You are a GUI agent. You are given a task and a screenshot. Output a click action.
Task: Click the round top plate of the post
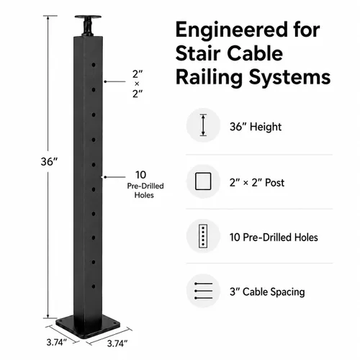pos(88,17)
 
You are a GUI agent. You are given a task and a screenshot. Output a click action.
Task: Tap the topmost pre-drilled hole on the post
pos(94,65)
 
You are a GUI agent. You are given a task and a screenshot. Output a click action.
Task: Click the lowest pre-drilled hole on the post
pos(94,287)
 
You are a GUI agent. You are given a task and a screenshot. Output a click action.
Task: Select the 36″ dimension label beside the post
pos(50,162)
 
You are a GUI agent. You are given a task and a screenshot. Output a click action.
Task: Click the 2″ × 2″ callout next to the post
pos(138,84)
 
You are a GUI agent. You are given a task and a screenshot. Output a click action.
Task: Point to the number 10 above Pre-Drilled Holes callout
pos(140,175)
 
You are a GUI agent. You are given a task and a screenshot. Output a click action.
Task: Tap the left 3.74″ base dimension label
pos(56,342)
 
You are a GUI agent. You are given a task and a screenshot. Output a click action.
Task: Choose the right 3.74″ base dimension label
pos(117,343)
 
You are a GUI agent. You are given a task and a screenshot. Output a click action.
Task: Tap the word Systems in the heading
pos(289,78)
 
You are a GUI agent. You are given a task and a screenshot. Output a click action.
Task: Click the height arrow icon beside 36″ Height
pos(203,125)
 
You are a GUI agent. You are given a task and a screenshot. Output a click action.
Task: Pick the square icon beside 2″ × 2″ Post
pos(203,181)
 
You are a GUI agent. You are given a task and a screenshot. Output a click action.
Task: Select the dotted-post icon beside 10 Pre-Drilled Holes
pos(203,236)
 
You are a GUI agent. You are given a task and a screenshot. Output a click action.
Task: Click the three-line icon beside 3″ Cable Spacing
pos(204,291)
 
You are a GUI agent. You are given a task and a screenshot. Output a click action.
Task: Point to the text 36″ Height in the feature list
pos(256,127)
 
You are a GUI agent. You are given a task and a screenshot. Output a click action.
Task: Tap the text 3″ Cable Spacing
pos(267,292)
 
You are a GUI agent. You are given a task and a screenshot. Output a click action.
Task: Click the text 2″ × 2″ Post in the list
pos(257,183)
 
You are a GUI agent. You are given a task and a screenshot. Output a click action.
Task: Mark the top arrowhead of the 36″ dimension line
pos(48,17)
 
